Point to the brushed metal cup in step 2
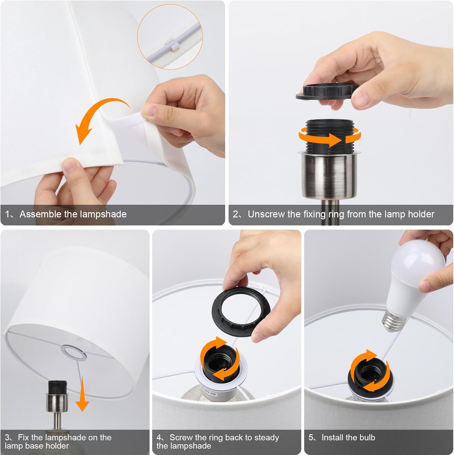click(x=327, y=174)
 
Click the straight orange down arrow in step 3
click(x=82, y=396)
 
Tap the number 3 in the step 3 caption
click(x=8, y=437)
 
